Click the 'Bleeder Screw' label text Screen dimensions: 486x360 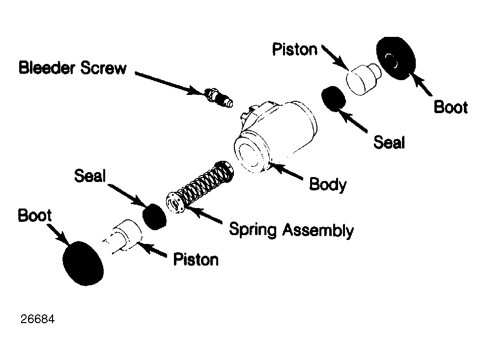pos(73,67)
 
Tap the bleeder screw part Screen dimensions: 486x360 pos(219,97)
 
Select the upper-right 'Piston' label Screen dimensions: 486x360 pos(295,50)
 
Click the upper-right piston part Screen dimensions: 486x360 pos(363,79)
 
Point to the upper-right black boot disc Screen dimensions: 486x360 pos(396,59)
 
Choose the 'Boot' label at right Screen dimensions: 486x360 pos(451,107)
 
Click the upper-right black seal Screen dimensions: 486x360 pos(334,98)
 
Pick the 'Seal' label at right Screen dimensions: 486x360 pos(389,142)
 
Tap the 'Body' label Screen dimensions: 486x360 pos(328,184)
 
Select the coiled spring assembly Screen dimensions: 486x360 pos(200,187)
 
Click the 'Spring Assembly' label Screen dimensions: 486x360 pos(291,230)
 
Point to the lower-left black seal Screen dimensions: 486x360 pos(154,217)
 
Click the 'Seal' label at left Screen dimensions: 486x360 pos(90,176)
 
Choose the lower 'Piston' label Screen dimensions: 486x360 pos(196,259)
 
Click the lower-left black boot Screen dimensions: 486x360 pos(83,263)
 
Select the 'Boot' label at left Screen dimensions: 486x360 pos(35,215)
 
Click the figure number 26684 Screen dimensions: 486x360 pos(37,319)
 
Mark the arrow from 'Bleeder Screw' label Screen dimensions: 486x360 pos(170,83)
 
